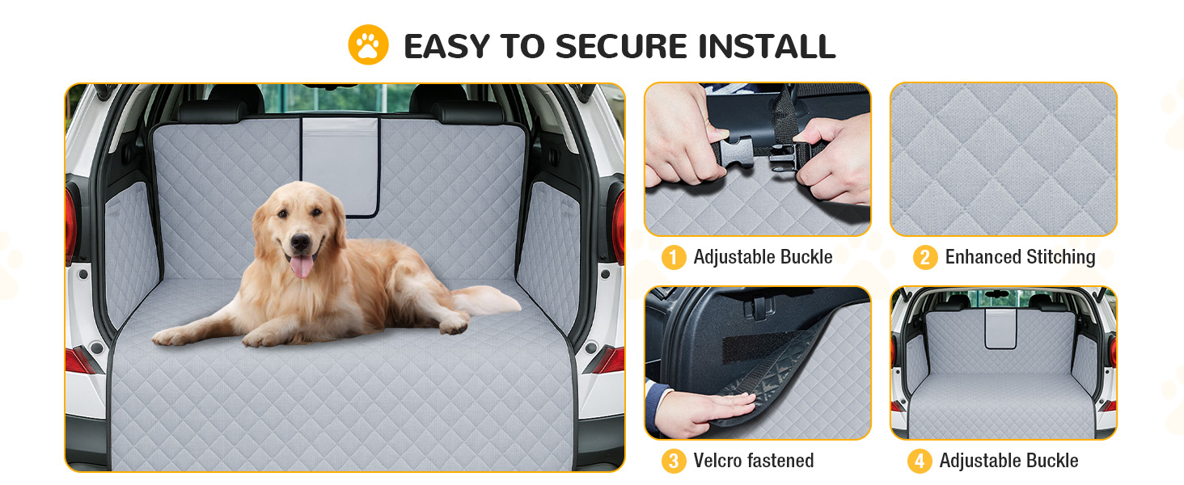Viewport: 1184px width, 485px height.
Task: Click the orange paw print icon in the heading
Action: pyautogui.click(x=369, y=45)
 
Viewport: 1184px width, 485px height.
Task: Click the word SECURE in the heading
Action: pyautogui.click(x=622, y=46)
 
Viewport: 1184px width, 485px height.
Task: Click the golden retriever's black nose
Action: pyautogui.click(x=300, y=242)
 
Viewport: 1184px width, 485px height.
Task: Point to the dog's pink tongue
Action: pyautogui.click(x=302, y=266)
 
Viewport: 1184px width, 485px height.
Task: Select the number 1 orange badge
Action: pyautogui.click(x=674, y=257)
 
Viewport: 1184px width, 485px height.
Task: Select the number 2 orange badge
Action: pyautogui.click(x=925, y=257)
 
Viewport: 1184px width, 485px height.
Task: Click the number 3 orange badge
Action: pyautogui.click(x=674, y=461)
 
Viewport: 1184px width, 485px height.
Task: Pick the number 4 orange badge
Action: pyautogui.click(x=920, y=461)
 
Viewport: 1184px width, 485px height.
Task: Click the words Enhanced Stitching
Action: pyautogui.click(x=1020, y=257)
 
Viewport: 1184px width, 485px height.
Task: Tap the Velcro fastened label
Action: pyautogui.click(x=754, y=461)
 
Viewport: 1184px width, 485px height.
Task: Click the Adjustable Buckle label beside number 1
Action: pyautogui.click(x=763, y=257)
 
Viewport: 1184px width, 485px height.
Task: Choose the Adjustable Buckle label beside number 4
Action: pyautogui.click(x=1009, y=461)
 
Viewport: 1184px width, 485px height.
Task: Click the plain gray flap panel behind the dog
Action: pyautogui.click(x=340, y=165)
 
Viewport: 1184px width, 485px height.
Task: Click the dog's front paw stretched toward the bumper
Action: pyautogui.click(x=169, y=336)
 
